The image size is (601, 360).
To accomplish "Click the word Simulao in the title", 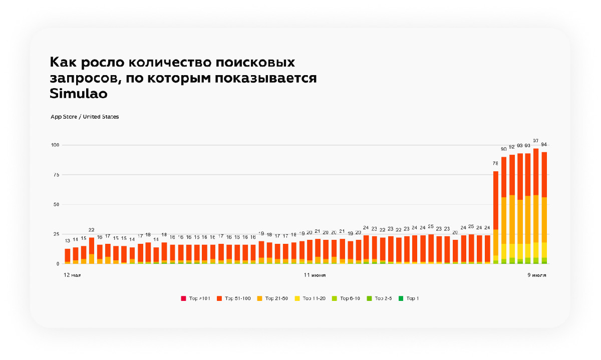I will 79,94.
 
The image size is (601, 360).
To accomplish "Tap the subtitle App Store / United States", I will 85,117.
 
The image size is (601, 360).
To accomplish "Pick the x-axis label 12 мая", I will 72,275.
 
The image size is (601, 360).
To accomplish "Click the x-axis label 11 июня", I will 315,275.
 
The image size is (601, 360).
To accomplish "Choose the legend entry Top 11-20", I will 312,298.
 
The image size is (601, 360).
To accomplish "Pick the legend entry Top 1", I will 409,298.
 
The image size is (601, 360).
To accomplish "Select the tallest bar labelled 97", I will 536,205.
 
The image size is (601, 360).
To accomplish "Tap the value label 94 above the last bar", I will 544,145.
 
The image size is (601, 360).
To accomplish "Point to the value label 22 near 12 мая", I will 92,230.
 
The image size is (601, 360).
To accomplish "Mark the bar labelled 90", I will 504,210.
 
